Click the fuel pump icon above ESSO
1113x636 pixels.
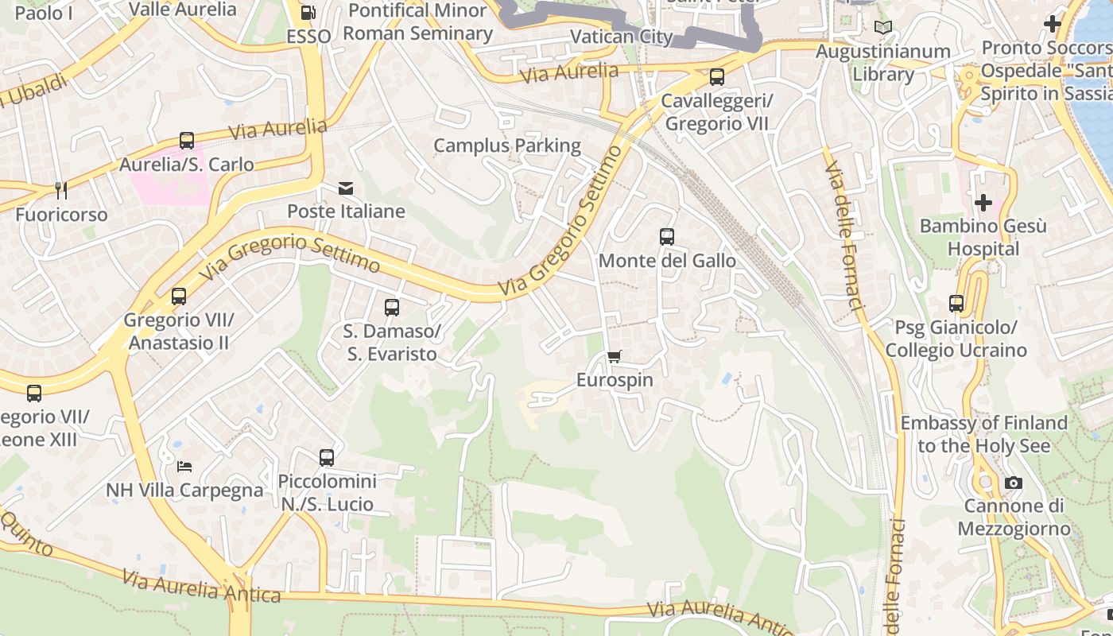pos(308,13)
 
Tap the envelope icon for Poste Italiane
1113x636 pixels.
pos(346,188)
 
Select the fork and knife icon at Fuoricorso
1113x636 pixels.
pos(61,191)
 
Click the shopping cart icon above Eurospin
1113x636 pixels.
pos(614,357)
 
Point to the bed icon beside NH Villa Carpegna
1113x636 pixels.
pos(184,467)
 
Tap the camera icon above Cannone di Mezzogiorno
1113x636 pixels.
pos(1013,483)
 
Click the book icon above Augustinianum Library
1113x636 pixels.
pos(882,28)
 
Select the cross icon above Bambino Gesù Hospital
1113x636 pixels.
pos(983,203)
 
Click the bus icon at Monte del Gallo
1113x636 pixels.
pos(666,237)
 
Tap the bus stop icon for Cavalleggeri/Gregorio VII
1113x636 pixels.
pos(716,77)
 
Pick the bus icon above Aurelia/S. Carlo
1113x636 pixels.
pos(187,141)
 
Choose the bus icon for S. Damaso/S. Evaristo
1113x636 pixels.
pos(391,308)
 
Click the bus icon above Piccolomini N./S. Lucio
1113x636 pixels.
pos(327,458)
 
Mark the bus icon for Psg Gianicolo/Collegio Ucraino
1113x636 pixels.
pos(956,304)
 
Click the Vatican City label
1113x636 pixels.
pos(622,37)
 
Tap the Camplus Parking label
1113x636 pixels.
pos(507,145)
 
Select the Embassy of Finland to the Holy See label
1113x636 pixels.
pos(983,434)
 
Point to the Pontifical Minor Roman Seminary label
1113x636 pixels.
pos(418,21)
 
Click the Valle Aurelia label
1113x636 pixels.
pos(182,10)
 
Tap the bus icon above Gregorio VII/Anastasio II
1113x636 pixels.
pos(179,297)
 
